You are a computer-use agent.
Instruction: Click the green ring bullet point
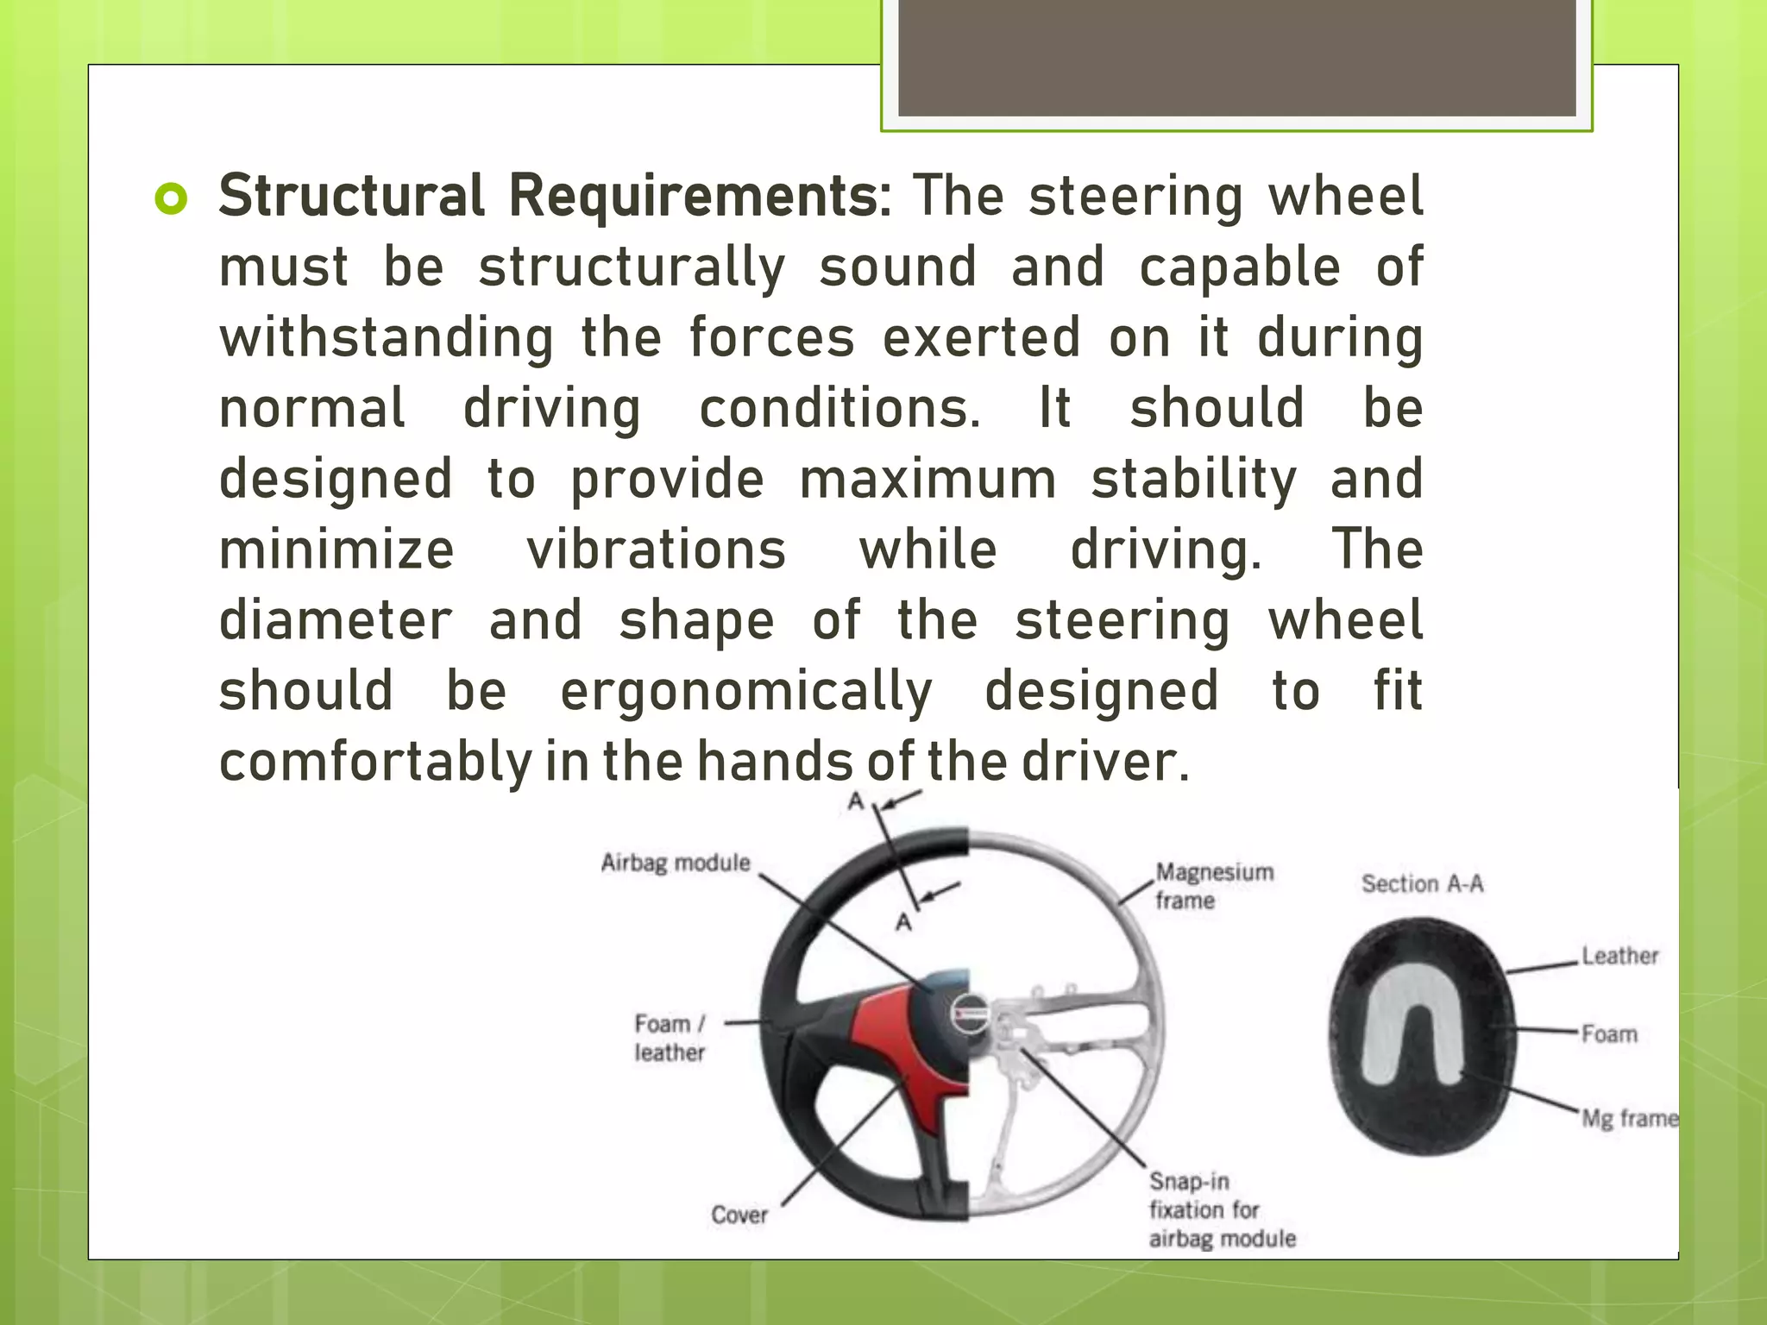(171, 199)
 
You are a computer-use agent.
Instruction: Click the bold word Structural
(352, 196)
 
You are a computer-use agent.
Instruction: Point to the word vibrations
(657, 550)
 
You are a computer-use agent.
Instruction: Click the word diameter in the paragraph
(336, 620)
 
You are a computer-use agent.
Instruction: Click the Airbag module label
(676, 863)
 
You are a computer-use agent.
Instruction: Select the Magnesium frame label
(1213, 886)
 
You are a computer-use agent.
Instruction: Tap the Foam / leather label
(670, 1038)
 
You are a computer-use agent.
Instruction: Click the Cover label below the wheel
(739, 1215)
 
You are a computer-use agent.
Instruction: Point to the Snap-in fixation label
(1220, 1209)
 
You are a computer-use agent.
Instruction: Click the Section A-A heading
(1422, 883)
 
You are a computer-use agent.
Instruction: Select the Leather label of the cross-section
(1619, 956)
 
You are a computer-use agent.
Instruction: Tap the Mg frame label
(1629, 1119)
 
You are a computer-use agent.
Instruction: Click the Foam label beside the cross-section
(1609, 1033)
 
